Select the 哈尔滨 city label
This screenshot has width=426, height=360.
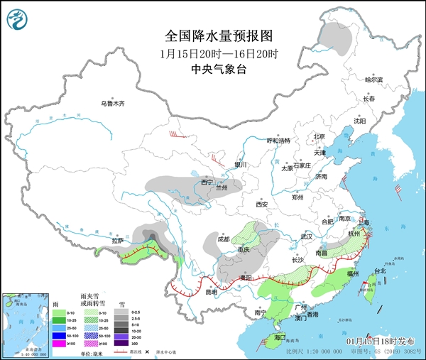(x=373, y=80)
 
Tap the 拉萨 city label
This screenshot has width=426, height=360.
(x=118, y=241)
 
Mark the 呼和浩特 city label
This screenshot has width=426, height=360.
(x=278, y=141)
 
